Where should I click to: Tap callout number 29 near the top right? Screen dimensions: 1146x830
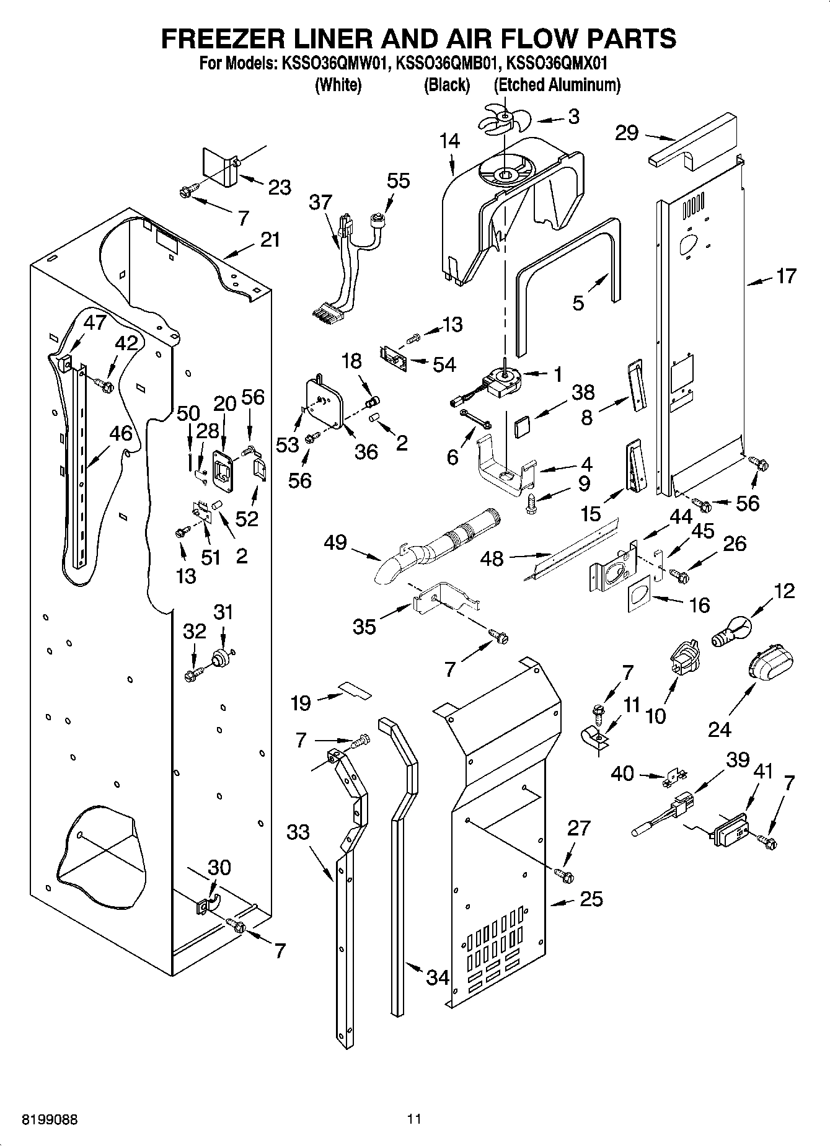point(627,133)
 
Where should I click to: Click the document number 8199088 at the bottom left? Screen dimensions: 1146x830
point(50,1120)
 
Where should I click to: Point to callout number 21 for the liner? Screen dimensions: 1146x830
point(270,239)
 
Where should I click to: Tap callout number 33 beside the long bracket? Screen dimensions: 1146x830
point(298,831)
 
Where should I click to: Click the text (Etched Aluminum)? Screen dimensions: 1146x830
point(557,84)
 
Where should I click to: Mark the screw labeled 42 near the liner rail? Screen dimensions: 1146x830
point(104,386)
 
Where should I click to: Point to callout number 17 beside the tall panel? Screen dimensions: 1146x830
point(785,276)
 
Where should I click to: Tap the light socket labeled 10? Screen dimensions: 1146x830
point(684,658)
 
